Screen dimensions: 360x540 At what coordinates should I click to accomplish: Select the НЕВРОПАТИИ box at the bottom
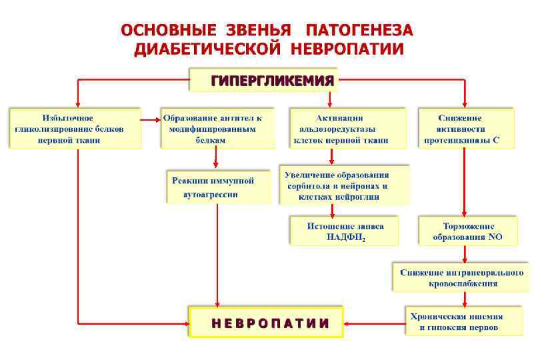click(x=266, y=323)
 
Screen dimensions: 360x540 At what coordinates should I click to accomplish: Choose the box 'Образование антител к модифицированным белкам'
click(x=217, y=129)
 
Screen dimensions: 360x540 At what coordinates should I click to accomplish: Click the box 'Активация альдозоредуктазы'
click(x=340, y=129)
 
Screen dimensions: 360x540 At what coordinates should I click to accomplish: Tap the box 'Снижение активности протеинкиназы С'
click(x=466, y=129)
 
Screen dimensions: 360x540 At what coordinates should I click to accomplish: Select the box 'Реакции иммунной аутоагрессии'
click(x=218, y=187)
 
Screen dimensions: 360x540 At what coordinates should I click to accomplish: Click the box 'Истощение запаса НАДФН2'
click(x=344, y=231)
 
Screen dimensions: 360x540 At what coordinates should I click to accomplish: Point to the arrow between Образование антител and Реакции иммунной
click(x=216, y=159)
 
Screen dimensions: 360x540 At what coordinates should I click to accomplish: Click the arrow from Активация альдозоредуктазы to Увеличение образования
click(x=332, y=156)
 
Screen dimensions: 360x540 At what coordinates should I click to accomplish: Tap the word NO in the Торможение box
click(x=494, y=237)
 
